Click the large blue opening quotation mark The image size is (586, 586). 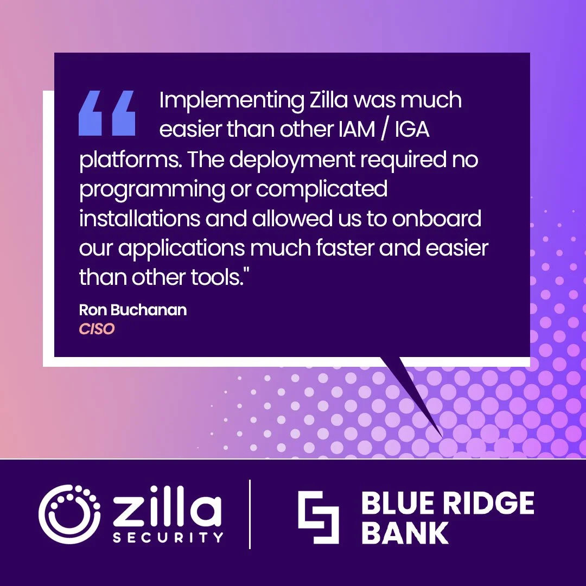point(107,113)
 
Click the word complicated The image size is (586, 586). point(321,189)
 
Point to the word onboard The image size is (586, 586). point(436,219)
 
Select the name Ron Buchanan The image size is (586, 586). point(133,310)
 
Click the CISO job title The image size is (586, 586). point(97,329)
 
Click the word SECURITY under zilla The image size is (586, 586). point(168,538)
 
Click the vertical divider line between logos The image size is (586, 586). point(250,514)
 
